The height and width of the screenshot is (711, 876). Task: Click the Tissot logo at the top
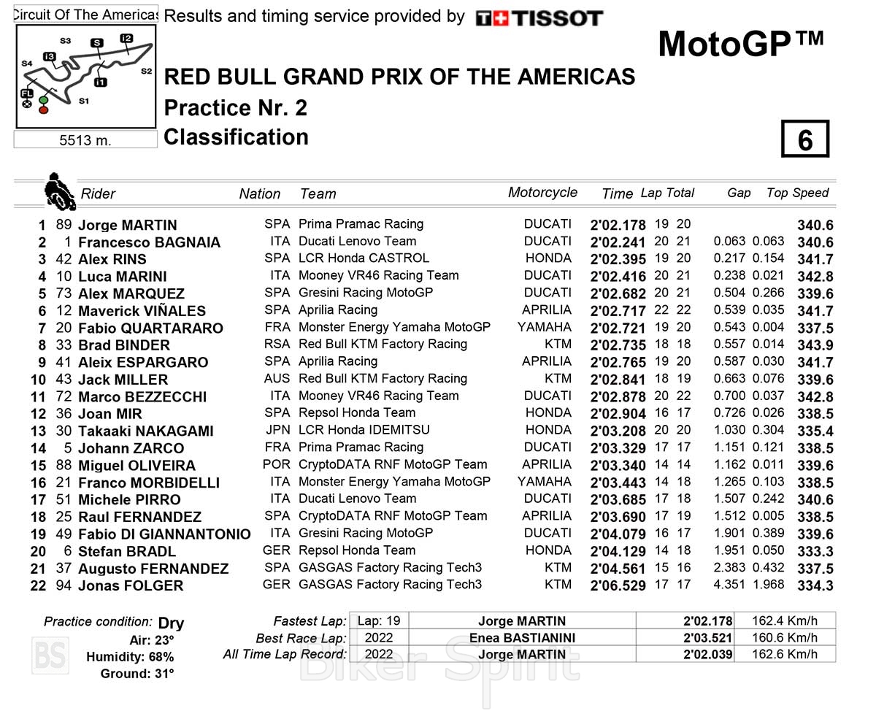point(539,18)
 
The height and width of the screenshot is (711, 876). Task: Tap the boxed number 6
point(805,139)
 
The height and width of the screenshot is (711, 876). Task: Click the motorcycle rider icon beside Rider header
point(59,192)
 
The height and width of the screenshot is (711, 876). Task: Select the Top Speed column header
point(797,193)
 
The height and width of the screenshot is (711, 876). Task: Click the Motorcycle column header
point(542,193)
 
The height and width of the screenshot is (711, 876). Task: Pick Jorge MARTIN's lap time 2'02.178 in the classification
point(618,226)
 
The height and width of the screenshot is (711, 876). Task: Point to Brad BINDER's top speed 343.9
point(814,345)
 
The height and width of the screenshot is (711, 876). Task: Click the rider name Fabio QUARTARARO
point(150,328)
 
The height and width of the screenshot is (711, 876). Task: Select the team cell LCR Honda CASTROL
point(364,258)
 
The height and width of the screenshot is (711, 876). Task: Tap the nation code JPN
point(277,430)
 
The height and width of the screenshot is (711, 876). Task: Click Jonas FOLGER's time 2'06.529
point(618,586)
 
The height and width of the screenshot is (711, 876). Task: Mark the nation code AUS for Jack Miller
point(277,379)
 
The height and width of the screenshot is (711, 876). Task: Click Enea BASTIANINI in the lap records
point(522,638)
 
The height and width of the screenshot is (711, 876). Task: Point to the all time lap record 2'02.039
point(707,655)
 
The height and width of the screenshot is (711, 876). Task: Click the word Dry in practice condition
point(171,623)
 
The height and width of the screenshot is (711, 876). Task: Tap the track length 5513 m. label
point(85,140)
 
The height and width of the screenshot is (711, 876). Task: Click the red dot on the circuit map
point(43,109)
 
